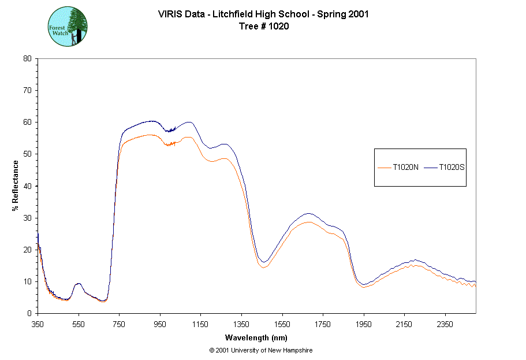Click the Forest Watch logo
tap(68, 27)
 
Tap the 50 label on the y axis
tap(27, 154)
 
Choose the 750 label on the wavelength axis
tap(119, 324)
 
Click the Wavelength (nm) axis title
tap(256, 338)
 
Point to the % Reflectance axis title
tap(16, 185)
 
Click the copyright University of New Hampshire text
tap(261, 351)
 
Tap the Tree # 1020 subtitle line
tap(263, 26)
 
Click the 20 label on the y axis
tap(27, 250)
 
